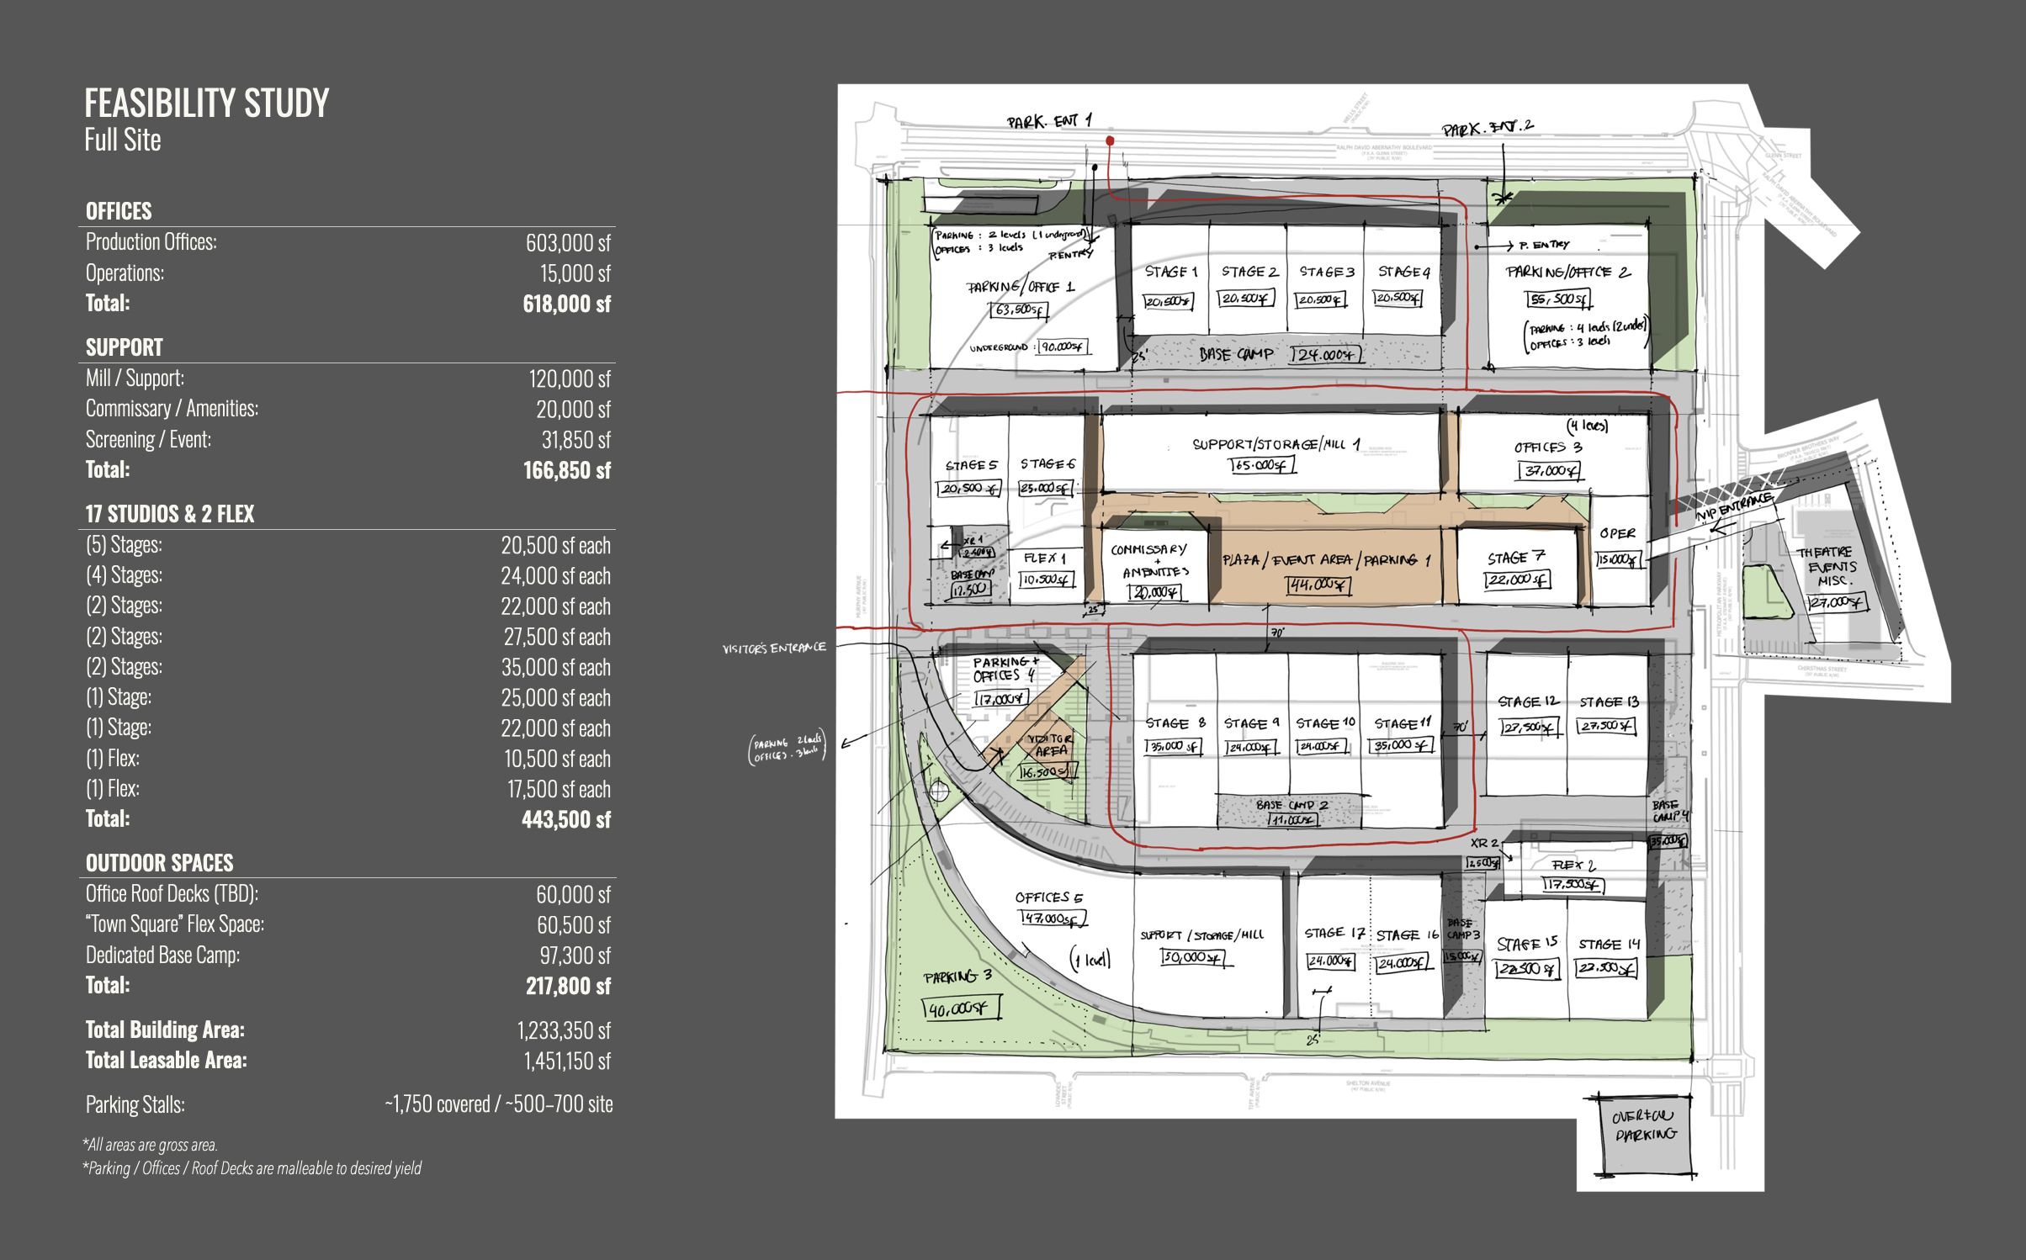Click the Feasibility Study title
point(206,104)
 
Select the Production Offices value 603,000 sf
point(567,243)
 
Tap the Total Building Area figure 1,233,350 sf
point(563,1030)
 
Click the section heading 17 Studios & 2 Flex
point(169,514)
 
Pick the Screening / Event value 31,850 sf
point(575,440)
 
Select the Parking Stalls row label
point(135,1104)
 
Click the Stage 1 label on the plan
point(1170,272)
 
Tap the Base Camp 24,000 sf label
point(1279,355)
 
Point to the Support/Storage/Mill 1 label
point(1276,444)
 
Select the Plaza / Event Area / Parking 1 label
point(1325,560)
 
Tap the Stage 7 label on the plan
point(1515,558)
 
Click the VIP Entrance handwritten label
point(1733,506)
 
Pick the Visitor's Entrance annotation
point(774,649)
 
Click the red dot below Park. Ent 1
point(1110,141)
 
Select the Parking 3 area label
point(957,977)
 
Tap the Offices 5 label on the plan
point(1048,897)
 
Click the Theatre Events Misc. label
point(1830,566)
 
